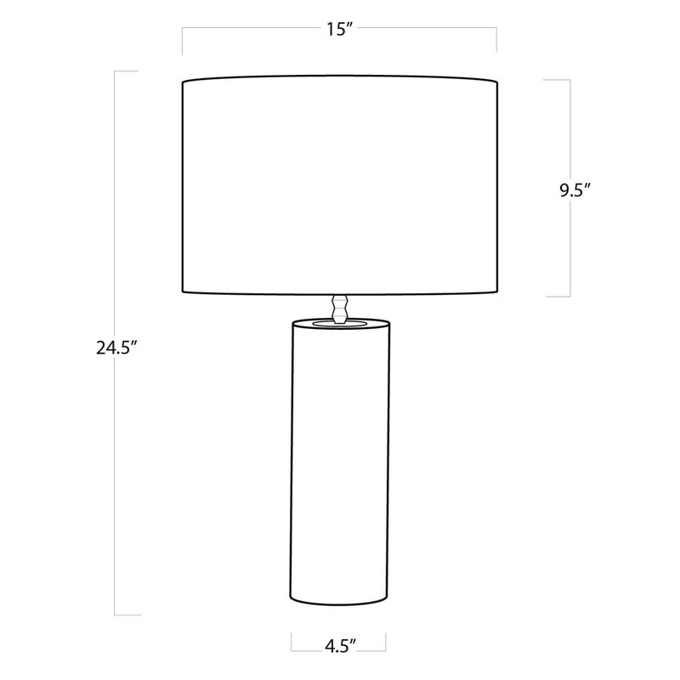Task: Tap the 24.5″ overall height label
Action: [116, 348]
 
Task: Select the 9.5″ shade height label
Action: [575, 190]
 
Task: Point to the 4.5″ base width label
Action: [341, 646]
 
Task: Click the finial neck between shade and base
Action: [339, 309]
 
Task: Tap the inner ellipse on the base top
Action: [339, 323]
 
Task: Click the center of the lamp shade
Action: [339, 185]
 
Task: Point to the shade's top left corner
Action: [183, 82]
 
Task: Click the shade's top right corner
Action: [497, 82]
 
